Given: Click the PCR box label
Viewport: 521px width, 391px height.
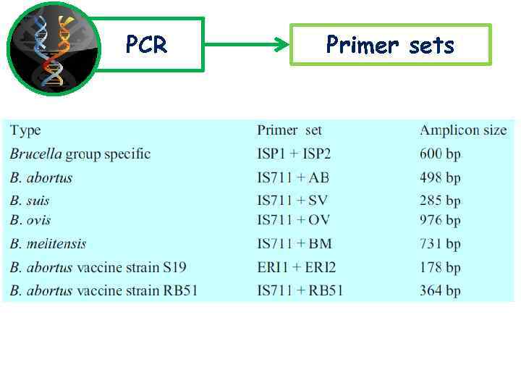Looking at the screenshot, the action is [147, 45].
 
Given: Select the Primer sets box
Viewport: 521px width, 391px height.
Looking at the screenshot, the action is [390, 45].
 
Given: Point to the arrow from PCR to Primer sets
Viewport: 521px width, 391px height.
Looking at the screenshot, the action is [246, 45].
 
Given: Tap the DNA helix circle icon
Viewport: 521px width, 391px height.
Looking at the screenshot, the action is [52, 49].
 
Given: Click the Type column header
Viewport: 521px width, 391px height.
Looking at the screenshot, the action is [25, 131].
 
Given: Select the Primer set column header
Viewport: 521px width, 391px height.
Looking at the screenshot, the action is [289, 131].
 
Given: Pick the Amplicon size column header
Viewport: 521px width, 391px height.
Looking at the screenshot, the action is [463, 131].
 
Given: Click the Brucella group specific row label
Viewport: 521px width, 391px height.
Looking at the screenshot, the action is [80, 154].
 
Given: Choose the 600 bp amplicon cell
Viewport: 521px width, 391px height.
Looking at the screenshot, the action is [440, 154].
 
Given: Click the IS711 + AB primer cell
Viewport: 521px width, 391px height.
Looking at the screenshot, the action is [293, 178].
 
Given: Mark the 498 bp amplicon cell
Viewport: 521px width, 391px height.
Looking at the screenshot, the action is [440, 178].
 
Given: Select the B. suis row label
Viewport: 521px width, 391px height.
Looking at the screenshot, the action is [30, 201].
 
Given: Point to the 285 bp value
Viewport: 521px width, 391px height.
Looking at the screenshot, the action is [440, 201].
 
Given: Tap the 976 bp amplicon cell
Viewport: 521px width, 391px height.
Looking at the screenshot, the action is [440, 220].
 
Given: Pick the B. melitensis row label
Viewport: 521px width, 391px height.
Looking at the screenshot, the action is [48, 244].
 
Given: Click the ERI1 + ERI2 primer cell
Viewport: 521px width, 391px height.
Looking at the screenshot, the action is [297, 268].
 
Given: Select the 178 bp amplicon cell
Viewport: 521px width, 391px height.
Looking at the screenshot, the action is [440, 268].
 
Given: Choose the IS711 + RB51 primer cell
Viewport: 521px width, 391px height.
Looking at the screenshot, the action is [300, 291].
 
